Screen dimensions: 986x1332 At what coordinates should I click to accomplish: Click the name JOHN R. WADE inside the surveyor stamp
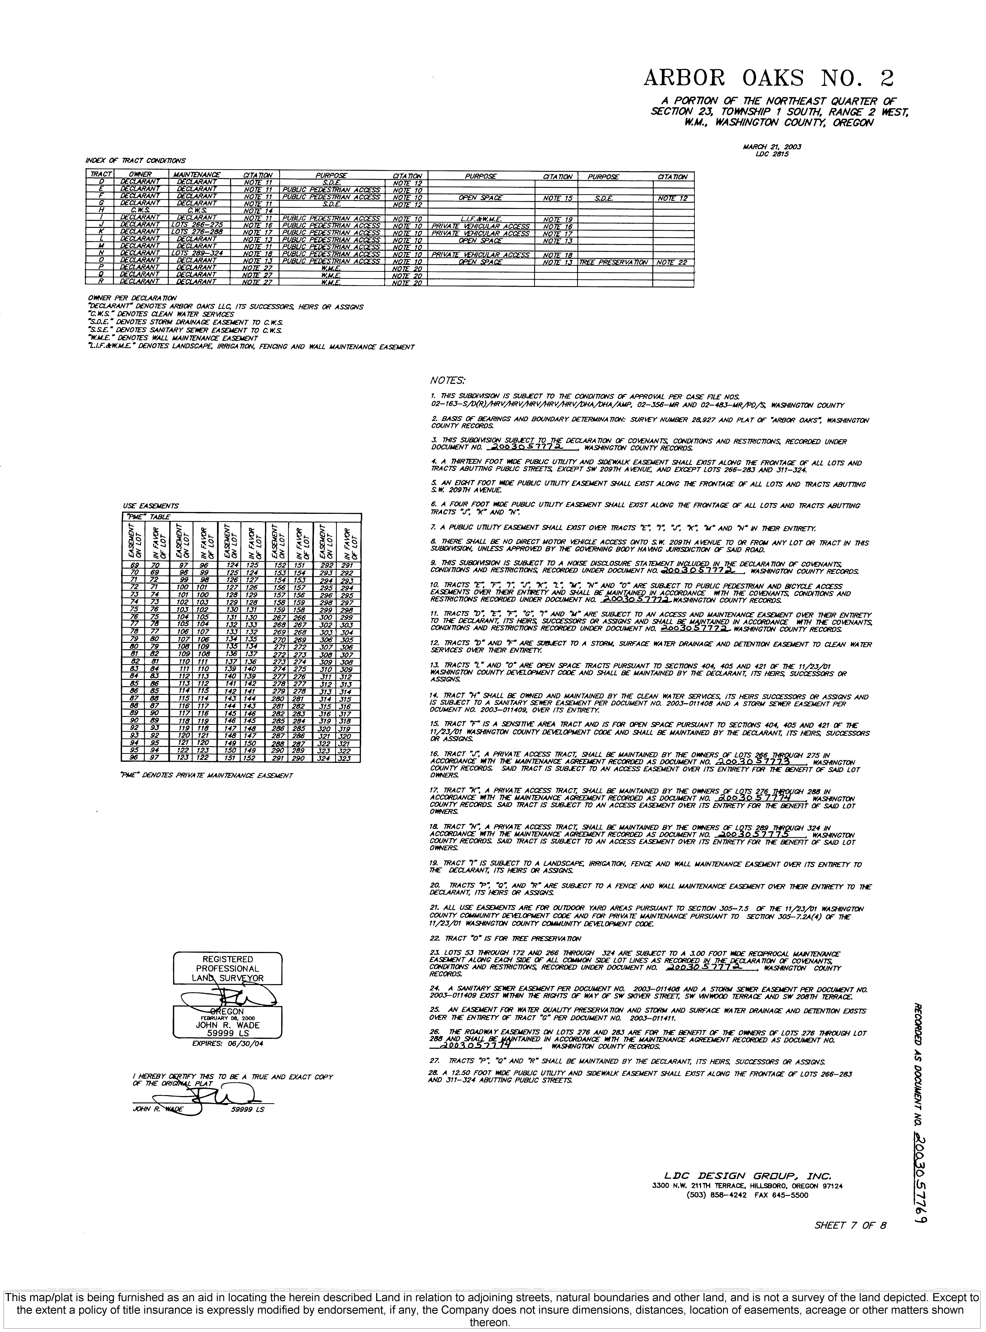click(227, 1025)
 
